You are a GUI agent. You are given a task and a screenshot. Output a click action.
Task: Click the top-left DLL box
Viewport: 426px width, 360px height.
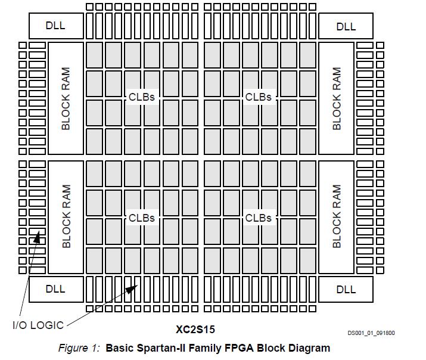pyautogui.click(x=55, y=26)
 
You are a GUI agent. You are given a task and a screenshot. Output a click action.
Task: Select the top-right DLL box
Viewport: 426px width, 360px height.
pyautogui.click(x=346, y=26)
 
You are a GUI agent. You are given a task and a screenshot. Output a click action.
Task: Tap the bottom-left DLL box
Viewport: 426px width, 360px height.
pyautogui.click(x=55, y=289)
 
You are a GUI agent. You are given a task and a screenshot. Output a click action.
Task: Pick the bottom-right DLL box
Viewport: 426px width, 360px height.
pyautogui.click(x=346, y=290)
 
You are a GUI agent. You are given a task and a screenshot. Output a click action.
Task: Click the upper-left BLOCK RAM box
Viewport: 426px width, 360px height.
pyautogui.click(x=66, y=98)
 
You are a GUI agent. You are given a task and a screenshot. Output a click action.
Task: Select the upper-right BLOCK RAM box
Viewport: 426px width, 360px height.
pyautogui.click(x=337, y=98)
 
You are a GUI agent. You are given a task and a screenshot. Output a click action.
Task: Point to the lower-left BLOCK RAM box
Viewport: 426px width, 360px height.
pyautogui.click(x=66, y=216)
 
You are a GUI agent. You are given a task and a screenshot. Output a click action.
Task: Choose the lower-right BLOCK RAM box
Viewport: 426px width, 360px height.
pyautogui.click(x=337, y=216)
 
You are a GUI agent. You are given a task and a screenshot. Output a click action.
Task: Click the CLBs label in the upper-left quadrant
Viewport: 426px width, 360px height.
pyautogui.click(x=142, y=97)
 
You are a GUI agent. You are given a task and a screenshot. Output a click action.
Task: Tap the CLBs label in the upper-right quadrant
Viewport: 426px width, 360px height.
pyautogui.click(x=259, y=97)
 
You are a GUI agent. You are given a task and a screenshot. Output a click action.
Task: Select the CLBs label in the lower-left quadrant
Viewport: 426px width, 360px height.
pyautogui.click(x=142, y=218)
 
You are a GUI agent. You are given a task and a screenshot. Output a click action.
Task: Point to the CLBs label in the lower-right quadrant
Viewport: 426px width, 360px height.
pyautogui.click(x=259, y=218)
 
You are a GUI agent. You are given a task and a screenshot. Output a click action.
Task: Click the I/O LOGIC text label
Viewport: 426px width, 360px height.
pyautogui.click(x=38, y=325)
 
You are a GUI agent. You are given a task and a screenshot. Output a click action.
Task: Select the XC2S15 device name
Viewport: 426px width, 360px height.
pyautogui.click(x=195, y=329)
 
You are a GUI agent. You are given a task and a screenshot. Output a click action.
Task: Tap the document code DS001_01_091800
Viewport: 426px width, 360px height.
pyautogui.click(x=371, y=334)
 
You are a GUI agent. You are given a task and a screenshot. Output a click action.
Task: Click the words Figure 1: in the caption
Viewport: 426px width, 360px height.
pyautogui.click(x=79, y=348)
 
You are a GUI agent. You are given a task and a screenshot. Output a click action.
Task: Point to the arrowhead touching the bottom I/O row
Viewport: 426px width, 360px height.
pyautogui.click(x=132, y=288)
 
